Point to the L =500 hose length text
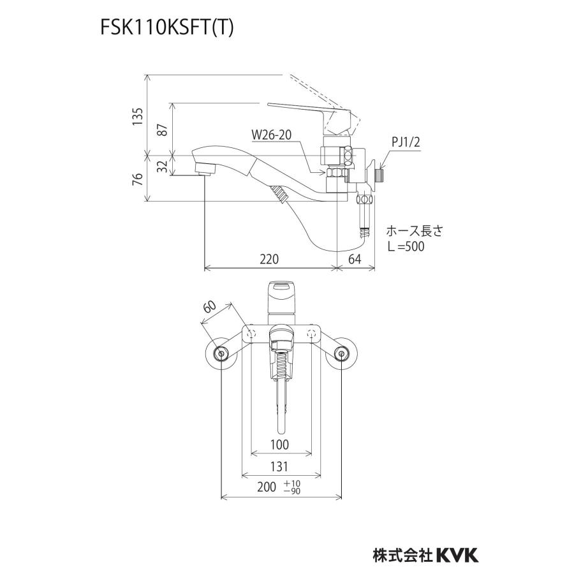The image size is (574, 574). click(x=406, y=246)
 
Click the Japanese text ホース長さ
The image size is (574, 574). click(x=409, y=230)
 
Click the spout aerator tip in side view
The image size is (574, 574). click(x=203, y=169)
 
